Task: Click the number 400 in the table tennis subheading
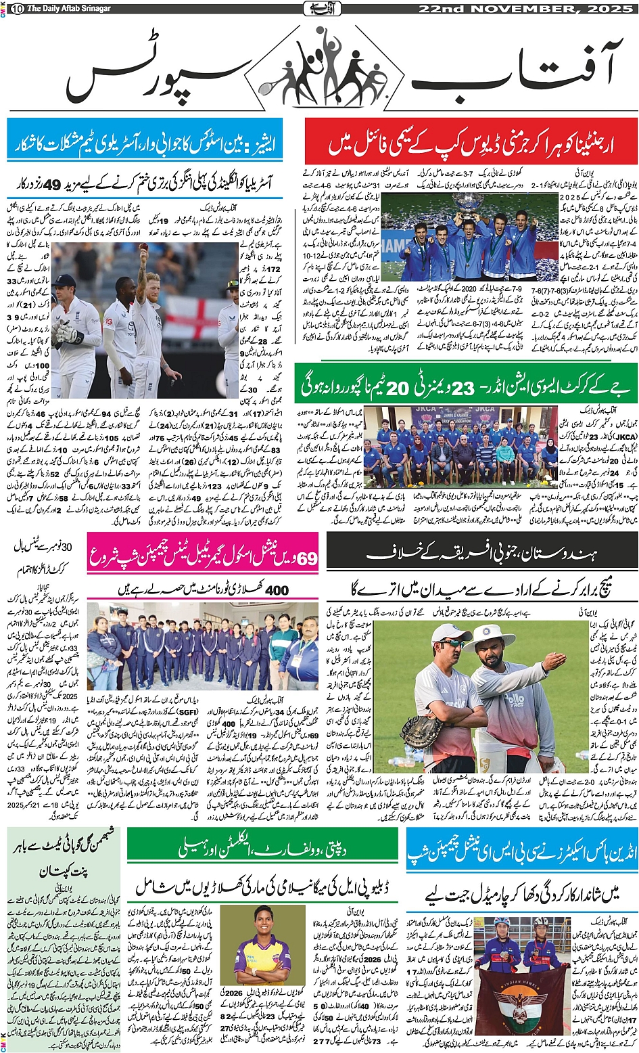tap(277, 590)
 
